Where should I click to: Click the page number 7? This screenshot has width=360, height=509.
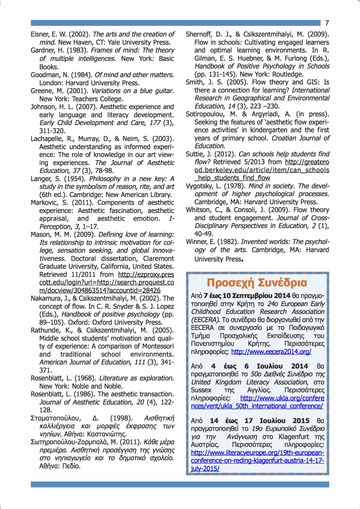point(327,23)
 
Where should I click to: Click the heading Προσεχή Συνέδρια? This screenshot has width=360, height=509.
point(257,283)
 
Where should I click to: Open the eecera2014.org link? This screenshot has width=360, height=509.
point(271,352)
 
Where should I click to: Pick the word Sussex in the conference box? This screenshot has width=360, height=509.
point(201,390)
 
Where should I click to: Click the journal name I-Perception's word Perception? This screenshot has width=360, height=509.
point(55,226)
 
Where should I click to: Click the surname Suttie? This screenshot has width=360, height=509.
point(195,154)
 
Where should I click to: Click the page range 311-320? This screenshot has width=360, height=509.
point(53,131)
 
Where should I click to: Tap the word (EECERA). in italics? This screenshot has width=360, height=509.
point(205,320)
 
